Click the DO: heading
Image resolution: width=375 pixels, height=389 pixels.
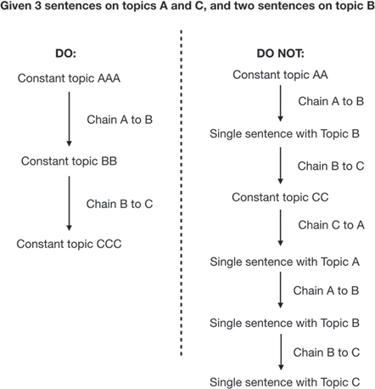(65, 54)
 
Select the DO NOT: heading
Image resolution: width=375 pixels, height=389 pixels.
(280, 54)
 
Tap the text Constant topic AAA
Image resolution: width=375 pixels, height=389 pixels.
(69, 78)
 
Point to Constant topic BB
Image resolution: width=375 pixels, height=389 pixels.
(69, 161)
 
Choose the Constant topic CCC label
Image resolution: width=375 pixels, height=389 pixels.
(69, 244)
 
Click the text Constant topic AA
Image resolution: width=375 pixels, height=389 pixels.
(280, 75)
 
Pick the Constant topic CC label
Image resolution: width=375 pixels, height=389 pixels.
(280, 197)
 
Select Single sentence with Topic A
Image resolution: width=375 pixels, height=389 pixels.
(284, 262)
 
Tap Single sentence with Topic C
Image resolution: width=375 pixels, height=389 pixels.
(284, 382)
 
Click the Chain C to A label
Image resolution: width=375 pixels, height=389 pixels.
(331, 225)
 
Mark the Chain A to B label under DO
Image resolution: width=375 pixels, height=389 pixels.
(120, 120)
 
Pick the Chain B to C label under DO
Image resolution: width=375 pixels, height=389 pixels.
(120, 204)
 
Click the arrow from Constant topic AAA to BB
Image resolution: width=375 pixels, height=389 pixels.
(69, 119)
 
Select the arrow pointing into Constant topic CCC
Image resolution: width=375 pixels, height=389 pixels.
(69, 203)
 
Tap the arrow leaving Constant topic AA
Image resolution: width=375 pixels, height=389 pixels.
(281, 104)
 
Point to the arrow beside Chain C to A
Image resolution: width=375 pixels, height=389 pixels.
(281, 228)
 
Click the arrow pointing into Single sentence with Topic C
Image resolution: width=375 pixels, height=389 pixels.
(281, 352)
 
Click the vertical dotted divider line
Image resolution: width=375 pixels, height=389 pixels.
(182, 193)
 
